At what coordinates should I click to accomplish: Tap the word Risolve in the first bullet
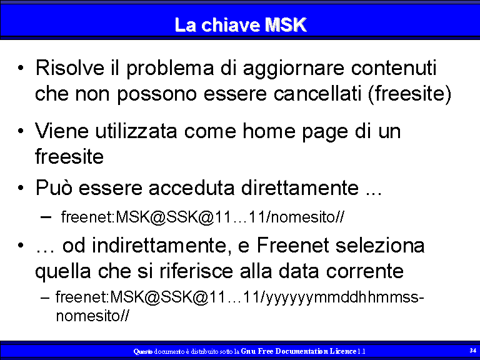tap(70, 67)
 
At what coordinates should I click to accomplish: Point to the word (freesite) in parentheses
tap(409, 94)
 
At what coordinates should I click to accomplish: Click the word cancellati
tap(317, 93)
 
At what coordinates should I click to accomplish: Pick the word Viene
tap(61, 131)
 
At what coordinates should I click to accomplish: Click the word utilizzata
tap(136, 131)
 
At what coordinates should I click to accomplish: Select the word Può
tap(54, 187)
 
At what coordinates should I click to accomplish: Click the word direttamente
tap(300, 187)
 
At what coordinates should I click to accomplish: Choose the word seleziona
tap(380, 245)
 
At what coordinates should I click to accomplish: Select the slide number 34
tap(472, 350)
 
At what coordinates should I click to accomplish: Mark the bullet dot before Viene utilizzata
tap(21, 131)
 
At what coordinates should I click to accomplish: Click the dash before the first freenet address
tap(46, 217)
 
